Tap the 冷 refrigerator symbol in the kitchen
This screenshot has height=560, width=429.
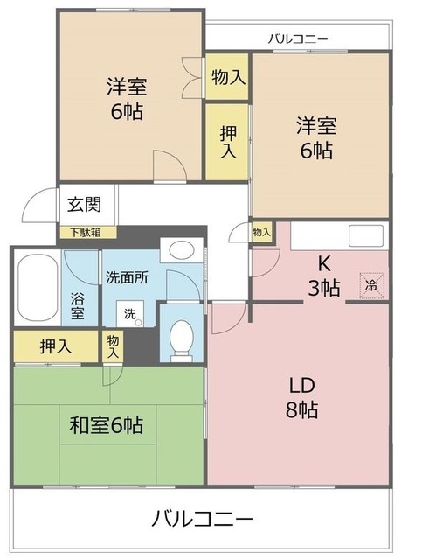(x=370, y=284)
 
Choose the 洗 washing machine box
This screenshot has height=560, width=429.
(x=128, y=313)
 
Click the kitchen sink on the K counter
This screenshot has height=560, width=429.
(x=363, y=235)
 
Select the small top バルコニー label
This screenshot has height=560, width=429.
(x=297, y=38)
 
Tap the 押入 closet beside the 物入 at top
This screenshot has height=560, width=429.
(x=227, y=141)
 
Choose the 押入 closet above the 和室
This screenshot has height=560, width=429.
(x=56, y=346)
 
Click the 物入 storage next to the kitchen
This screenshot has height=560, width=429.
(x=261, y=232)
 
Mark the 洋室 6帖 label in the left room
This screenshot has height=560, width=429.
(x=127, y=99)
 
